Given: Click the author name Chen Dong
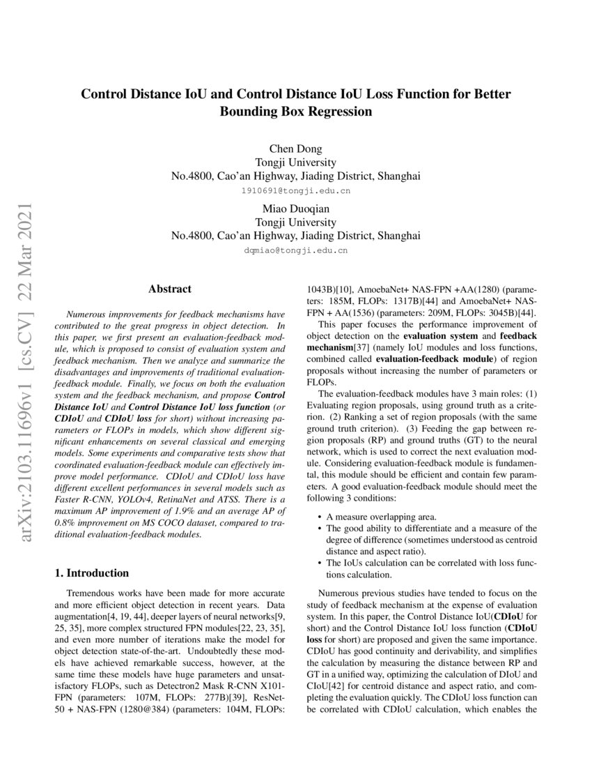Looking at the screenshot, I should click(295, 148).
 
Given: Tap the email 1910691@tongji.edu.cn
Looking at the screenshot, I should click(295, 190).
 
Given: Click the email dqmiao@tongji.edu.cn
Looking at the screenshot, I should click(295, 250).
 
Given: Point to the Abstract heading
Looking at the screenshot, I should click(170, 288).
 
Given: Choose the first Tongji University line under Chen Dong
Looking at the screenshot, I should click(295, 162).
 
